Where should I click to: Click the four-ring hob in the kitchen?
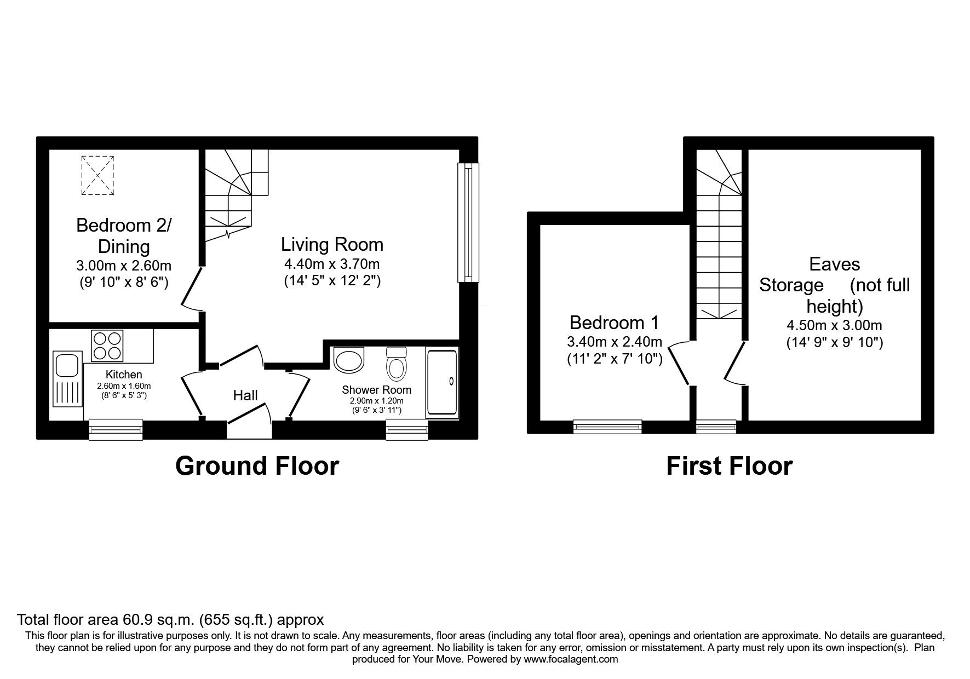tap(107, 346)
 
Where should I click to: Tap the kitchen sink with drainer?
tap(68, 379)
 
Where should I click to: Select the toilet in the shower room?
tap(396, 364)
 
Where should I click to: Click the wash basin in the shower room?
tap(348, 360)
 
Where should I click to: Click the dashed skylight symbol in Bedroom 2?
tap(98, 175)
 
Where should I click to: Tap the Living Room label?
tap(332, 244)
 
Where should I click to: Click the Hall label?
tap(245, 395)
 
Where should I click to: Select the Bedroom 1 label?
tap(614, 322)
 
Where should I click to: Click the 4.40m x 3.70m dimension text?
tap(332, 264)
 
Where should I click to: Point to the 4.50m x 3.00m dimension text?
tap(834, 325)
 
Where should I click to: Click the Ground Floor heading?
tap(257, 466)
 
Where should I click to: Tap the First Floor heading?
tap(729, 466)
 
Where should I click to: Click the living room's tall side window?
tap(468, 223)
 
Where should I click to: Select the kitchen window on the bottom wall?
tap(116, 429)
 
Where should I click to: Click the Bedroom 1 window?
tap(607, 426)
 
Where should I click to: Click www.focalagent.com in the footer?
tap(571, 659)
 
